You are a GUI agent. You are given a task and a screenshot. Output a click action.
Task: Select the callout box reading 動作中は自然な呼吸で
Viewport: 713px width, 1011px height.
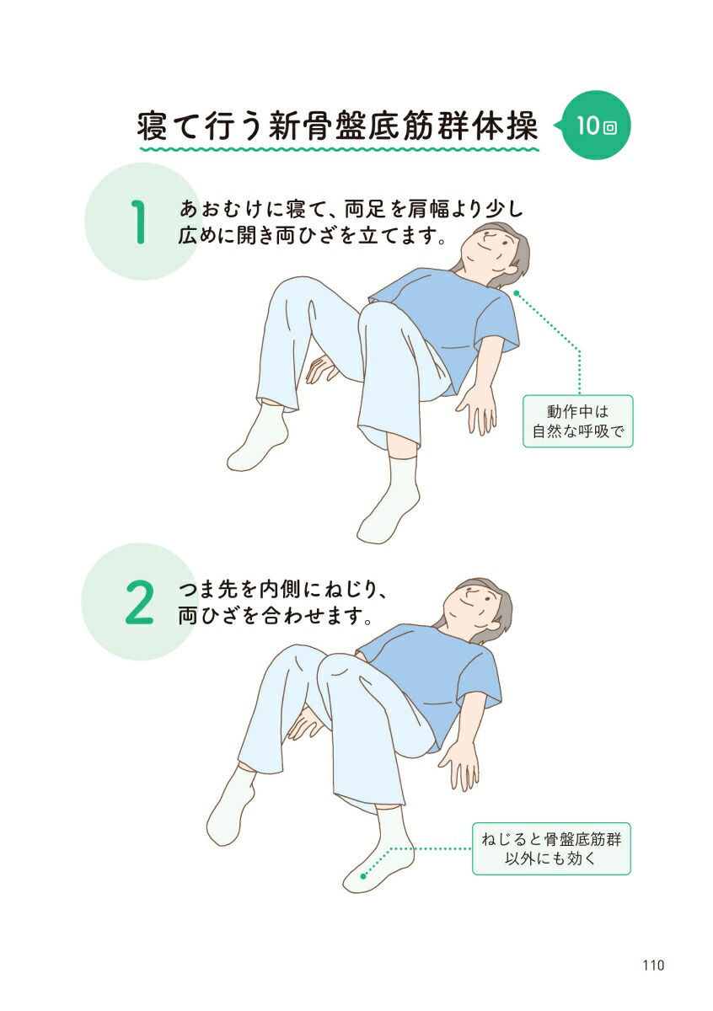[577, 421]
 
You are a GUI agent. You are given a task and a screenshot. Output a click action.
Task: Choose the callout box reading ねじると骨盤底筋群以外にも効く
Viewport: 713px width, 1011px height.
[551, 849]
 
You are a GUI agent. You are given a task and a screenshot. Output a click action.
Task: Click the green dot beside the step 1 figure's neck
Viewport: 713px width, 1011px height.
[516, 292]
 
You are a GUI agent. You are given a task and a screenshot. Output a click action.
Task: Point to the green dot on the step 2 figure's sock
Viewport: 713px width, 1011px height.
[364, 876]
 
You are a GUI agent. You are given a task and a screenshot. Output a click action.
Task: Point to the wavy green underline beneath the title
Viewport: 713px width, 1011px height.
[337, 150]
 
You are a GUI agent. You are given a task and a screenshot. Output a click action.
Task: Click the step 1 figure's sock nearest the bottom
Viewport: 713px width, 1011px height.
[389, 502]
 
